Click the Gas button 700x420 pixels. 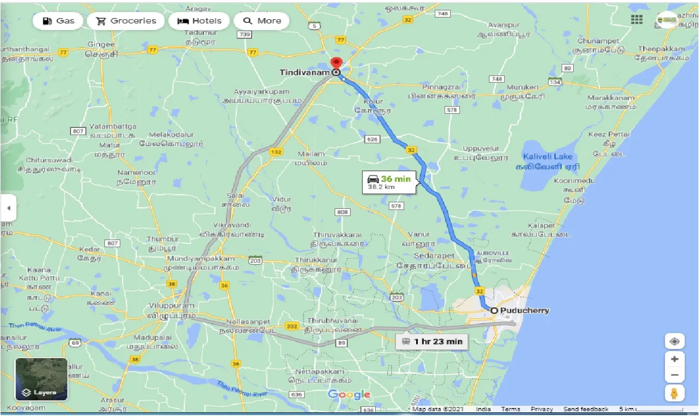coord(57,21)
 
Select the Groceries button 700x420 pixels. coord(126,21)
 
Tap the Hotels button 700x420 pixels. coord(200,21)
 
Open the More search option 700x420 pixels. coord(261,21)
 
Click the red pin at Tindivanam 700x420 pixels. coord(336,63)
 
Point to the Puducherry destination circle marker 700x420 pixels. coord(494,310)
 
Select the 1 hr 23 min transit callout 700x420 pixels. coord(432,342)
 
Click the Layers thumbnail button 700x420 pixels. coord(42,379)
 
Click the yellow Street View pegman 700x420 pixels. coord(675,393)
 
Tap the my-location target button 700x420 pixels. coord(675,342)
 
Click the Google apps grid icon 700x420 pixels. coord(637,20)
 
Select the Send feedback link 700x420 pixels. coord(586,409)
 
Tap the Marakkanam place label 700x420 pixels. coord(611,98)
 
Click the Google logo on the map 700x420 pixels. coord(349,394)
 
